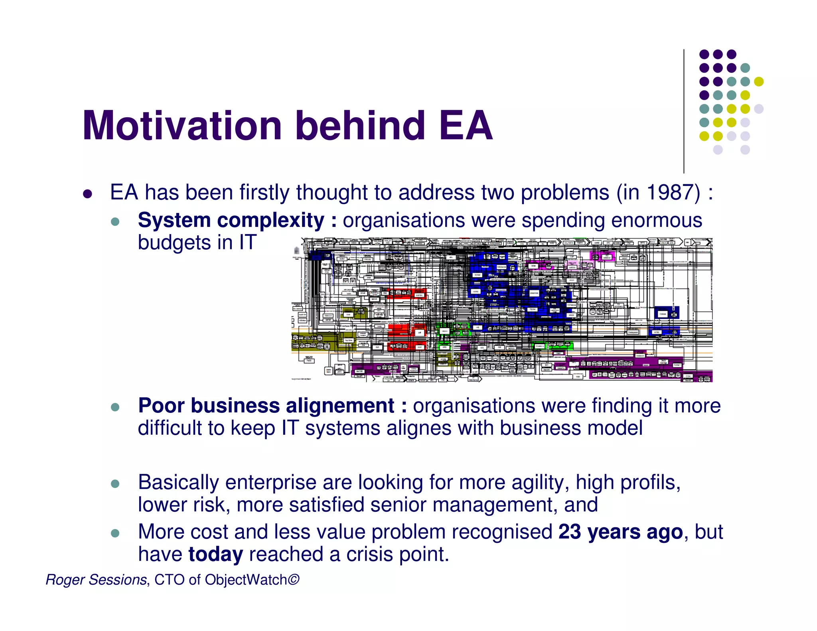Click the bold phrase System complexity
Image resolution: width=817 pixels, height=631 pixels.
231,221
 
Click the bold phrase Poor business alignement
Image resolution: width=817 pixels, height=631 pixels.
266,406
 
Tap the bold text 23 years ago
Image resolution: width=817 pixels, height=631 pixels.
620,532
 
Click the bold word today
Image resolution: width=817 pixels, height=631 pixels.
215,554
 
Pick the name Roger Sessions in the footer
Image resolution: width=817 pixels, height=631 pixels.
96,580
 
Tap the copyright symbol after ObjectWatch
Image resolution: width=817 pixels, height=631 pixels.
293,579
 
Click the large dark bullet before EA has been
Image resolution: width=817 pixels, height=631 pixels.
87,194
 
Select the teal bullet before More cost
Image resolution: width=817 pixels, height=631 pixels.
115,533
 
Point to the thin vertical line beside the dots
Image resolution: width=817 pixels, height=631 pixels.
684,112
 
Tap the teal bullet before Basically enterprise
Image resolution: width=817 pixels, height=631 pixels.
115,484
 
